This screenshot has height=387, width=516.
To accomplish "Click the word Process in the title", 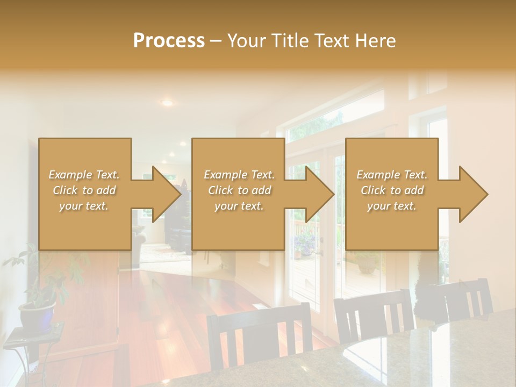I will [169, 41].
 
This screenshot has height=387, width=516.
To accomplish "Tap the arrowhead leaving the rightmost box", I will [472, 194].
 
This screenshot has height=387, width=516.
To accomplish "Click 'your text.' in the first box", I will [84, 206].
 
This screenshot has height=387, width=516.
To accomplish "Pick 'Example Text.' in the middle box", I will [239, 175].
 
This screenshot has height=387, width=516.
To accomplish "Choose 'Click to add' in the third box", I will [392, 190].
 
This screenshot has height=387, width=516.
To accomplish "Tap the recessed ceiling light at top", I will [167, 102].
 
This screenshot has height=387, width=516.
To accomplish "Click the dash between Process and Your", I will [216, 41].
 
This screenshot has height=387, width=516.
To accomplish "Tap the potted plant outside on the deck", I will [367, 262].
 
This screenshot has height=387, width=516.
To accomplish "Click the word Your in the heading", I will [246, 41].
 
